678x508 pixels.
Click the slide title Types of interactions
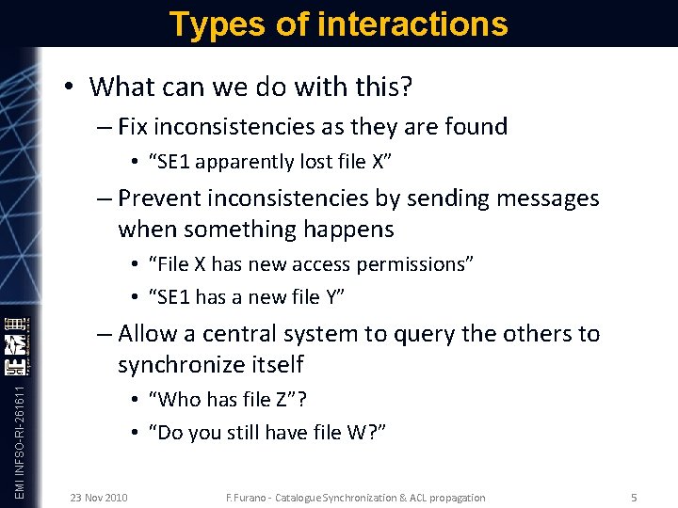(x=338, y=24)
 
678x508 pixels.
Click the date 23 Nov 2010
(x=99, y=497)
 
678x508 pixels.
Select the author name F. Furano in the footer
(x=251, y=498)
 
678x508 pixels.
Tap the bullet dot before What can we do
(x=70, y=87)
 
